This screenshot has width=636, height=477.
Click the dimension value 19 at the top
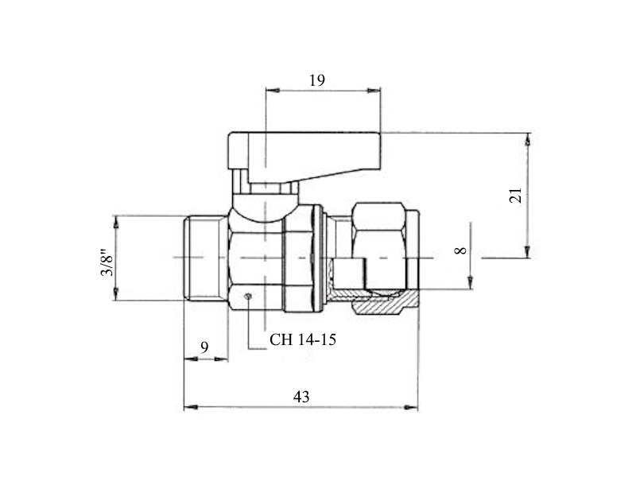(317, 80)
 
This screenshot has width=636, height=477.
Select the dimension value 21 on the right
(515, 196)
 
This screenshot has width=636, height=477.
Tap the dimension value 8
(461, 250)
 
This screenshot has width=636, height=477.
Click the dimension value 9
(205, 347)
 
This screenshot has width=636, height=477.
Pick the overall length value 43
(301, 397)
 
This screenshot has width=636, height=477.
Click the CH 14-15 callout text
(303, 339)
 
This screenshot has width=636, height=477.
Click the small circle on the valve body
(248, 297)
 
